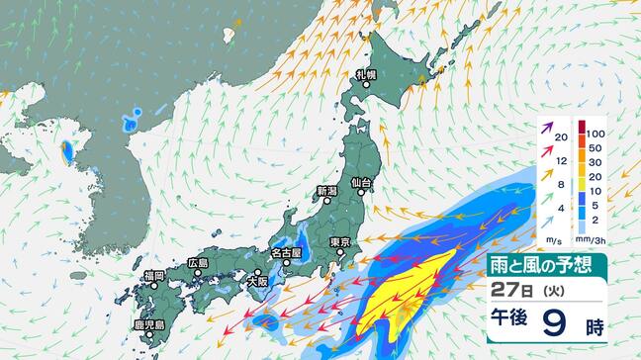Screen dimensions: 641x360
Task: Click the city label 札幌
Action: [367, 74]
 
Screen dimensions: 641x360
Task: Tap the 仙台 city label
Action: [360, 183]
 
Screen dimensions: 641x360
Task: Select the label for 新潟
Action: [326, 190]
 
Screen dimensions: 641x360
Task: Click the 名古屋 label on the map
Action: [286, 252]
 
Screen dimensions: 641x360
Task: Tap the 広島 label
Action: [198, 263]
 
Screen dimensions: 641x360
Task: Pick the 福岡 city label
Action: [153, 275]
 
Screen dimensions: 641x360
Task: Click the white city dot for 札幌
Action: [367, 85]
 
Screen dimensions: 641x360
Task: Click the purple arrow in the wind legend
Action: [547, 128]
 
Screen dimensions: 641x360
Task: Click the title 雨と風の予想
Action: [543, 263]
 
